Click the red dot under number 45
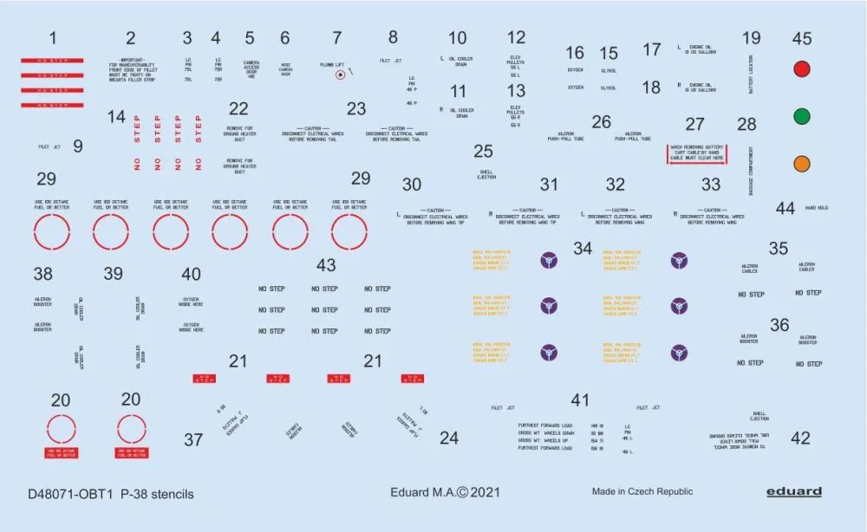803,70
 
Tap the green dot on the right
803,116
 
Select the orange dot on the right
803,162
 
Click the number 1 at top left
53,38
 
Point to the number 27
694,124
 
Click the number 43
326,265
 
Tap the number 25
483,151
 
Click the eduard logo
793,492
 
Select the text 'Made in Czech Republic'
642,492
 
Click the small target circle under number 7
341,75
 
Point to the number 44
785,208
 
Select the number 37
193,439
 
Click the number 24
448,438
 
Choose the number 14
116,116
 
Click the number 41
580,399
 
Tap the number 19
751,38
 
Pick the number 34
583,249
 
